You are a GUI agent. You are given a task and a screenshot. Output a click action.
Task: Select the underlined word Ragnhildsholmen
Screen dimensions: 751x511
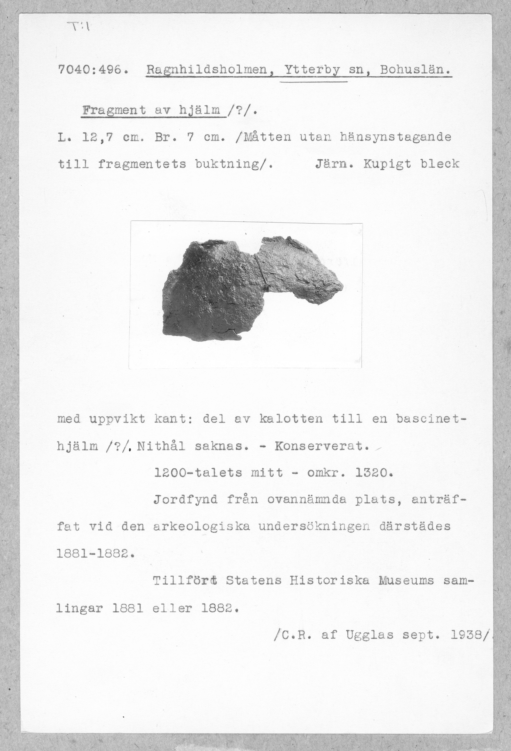point(208,70)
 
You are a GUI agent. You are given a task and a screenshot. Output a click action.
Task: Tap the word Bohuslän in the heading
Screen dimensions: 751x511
point(415,70)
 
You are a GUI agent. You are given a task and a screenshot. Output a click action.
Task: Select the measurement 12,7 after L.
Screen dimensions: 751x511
point(97,137)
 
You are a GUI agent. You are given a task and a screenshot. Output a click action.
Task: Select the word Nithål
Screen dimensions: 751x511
point(161,446)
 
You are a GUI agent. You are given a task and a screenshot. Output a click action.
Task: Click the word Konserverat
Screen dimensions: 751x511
point(321,446)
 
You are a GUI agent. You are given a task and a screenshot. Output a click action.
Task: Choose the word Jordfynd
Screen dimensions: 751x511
point(185,500)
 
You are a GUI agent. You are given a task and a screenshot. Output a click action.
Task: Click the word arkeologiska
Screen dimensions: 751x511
point(202,527)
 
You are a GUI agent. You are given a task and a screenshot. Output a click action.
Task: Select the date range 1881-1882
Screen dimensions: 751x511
point(94,554)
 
